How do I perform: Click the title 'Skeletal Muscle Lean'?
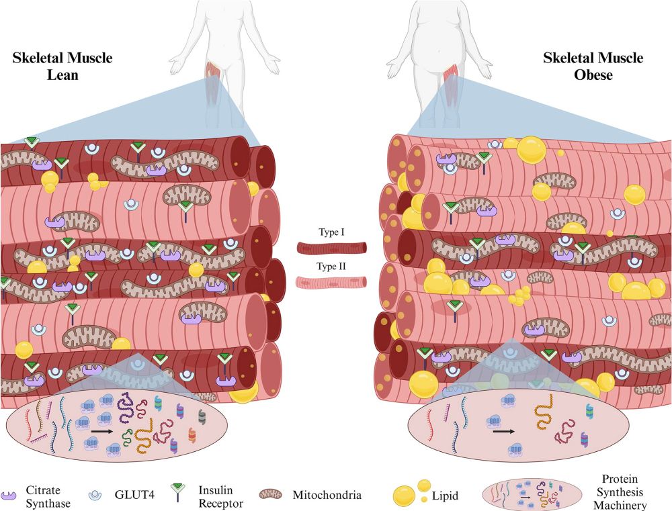[62, 66]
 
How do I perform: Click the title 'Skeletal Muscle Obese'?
[593, 66]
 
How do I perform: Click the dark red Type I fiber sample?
[332, 247]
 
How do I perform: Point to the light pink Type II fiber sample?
[332, 281]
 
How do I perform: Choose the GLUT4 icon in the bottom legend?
[97, 497]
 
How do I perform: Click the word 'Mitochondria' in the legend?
[327, 496]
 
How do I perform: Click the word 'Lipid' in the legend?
[446, 496]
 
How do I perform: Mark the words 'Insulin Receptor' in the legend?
[218, 496]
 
